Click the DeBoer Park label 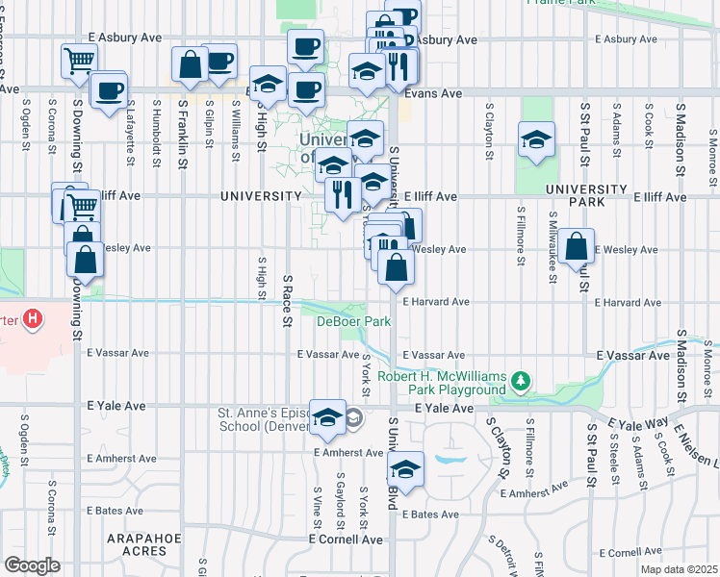[354, 321]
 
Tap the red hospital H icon [33, 318]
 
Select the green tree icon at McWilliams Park [521, 382]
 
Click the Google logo [32, 564]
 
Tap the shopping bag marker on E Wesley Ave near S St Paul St [576, 247]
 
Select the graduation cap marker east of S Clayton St [536, 140]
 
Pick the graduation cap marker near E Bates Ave [406, 469]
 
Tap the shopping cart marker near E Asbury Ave [79, 61]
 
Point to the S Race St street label [286, 299]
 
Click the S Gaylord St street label [341, 500]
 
